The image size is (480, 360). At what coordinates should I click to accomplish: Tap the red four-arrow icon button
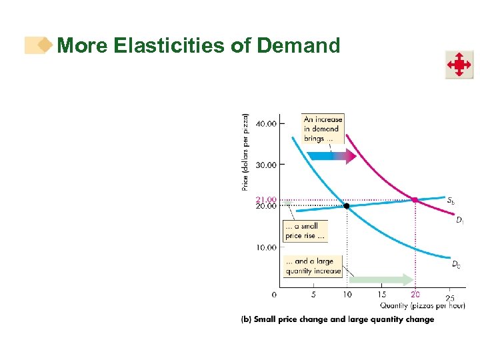tap(459, 65)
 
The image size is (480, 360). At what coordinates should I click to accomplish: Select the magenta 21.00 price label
tap(266, 199)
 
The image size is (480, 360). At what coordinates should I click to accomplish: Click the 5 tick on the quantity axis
tap(313, 295)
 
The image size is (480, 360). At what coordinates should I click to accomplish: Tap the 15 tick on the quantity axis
tap(381, 295)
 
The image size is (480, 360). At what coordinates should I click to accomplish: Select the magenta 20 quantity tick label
tap(415, 295)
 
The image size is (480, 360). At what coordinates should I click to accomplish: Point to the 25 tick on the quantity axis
tap(450, 297)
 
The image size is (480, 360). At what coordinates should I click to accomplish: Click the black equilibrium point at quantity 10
tap(347, 206)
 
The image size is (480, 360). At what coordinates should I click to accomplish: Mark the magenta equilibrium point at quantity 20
tap(415, 199)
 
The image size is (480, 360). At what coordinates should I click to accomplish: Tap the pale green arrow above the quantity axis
tap(381, 279)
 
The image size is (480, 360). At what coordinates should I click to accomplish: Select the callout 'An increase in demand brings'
tap(323, 129)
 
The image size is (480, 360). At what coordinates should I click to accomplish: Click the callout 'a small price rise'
tap(305, 231)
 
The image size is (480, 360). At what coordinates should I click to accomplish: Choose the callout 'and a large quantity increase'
tap(313, 267)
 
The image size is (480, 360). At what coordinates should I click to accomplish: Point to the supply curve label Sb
tap(451, 200)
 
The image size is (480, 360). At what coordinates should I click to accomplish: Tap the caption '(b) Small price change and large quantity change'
tap(337, 319)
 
